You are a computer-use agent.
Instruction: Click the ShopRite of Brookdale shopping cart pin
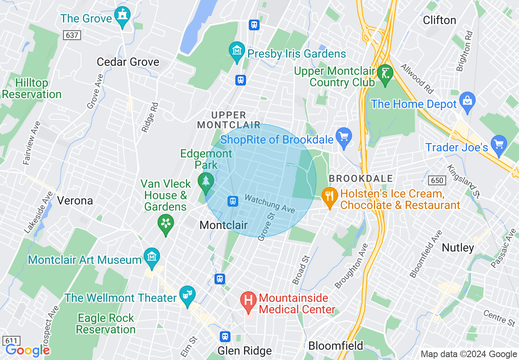(x=343, y=137)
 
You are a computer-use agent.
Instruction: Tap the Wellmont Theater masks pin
(x=187, y=296)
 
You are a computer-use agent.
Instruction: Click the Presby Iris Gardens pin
(x=237, y=52)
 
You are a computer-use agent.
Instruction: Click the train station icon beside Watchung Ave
(x=233, y=201)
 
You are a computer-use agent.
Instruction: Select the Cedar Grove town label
(x=128, y=62)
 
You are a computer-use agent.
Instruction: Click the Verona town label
(x=75, y=200)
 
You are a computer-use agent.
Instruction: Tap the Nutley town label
(x=458, y=248)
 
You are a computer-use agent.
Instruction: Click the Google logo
(x=27, y=350)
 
